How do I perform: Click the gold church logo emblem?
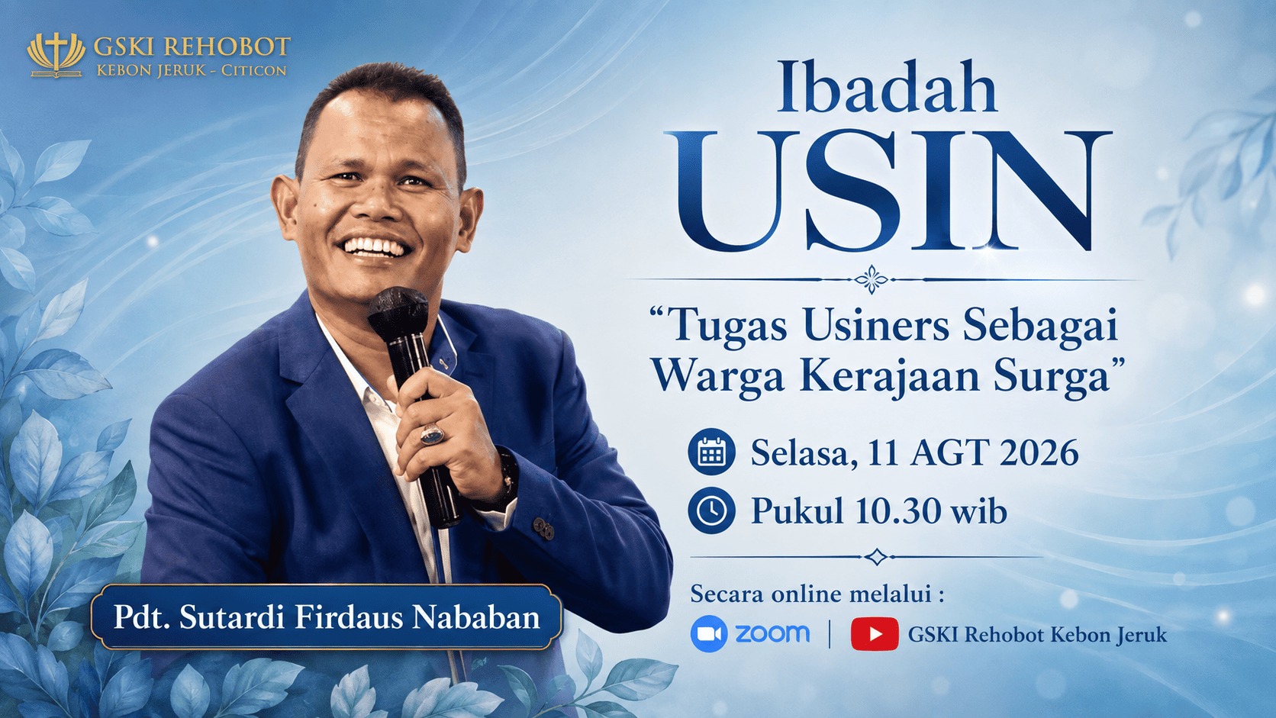pos(56,55)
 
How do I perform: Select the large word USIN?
pos(888,191)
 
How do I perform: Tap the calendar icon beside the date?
pos(711,452)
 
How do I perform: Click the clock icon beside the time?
pos(711,510)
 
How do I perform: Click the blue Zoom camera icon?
pos(709,634)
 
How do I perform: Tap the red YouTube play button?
pos(875,634)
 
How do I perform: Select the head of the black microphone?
pos(398,313)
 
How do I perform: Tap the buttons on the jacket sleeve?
pos(543,529)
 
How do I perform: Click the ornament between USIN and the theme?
pos(871,279)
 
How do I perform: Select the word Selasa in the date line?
pos(804,454)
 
